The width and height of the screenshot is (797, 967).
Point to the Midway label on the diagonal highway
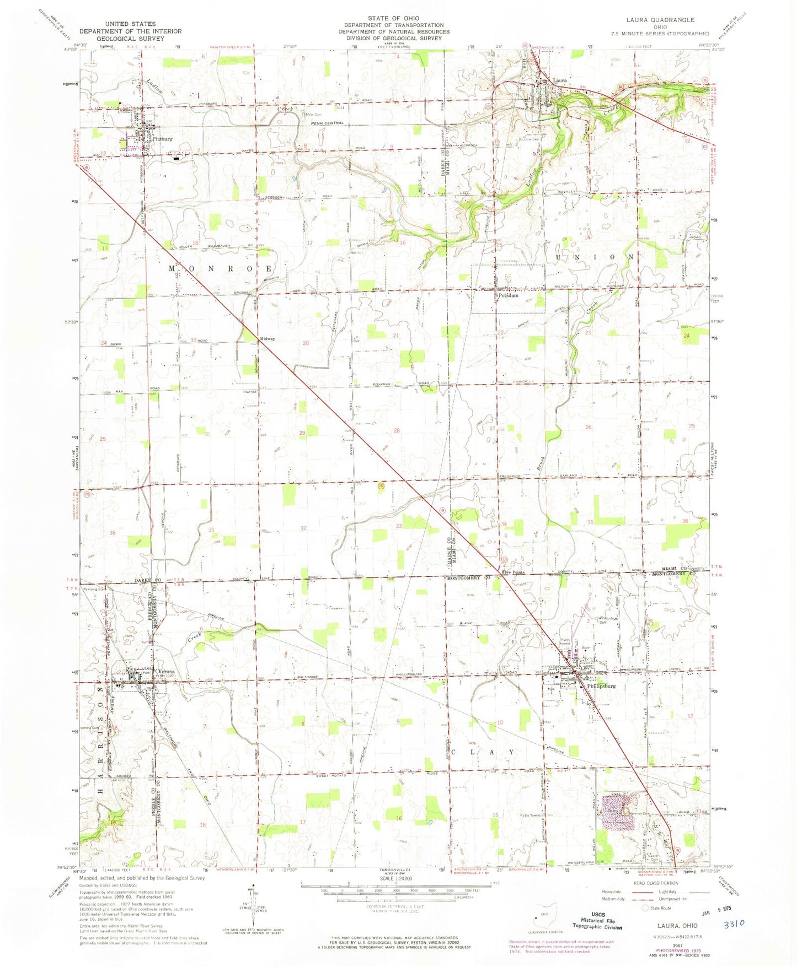[x=267, y=339]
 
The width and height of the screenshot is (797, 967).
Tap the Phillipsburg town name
[x=601, y=686]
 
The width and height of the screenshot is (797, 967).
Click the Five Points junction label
[x=513, y=572]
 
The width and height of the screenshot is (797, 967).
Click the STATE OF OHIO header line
[x=394, y=18]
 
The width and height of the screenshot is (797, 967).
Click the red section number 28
[x=396, y=430]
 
